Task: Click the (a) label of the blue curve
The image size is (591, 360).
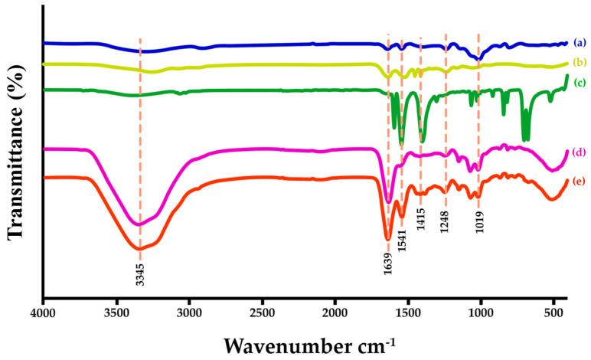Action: (580, 44)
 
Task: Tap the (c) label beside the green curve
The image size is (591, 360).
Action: (580, 81)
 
